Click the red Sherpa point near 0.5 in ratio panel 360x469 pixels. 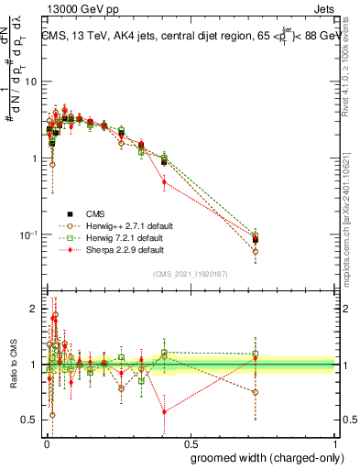pos(164,412)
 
